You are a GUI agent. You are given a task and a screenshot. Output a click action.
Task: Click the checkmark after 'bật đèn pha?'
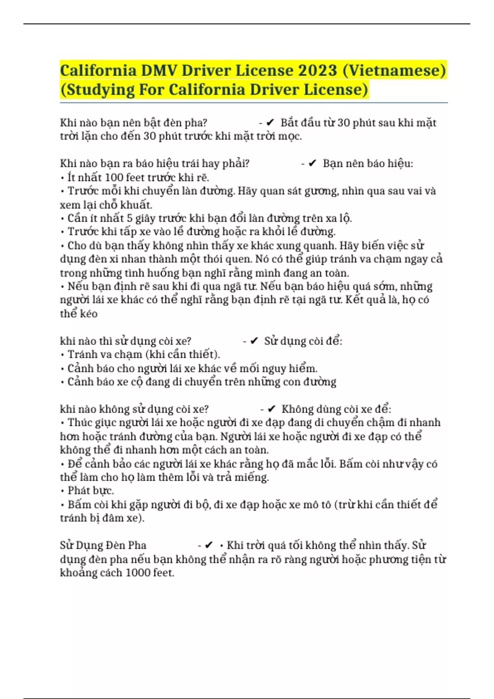coord(270,123)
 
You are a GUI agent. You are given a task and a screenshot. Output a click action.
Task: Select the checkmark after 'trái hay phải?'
coord(312,164)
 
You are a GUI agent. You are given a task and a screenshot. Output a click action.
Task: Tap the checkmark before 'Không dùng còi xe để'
coord(271,409)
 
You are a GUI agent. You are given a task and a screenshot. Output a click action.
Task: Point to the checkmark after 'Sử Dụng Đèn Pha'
coord(209,545)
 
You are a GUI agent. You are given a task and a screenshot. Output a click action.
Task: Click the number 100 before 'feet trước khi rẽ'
coord(114,178)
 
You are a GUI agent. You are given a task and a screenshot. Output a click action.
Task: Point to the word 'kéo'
coord(89,314)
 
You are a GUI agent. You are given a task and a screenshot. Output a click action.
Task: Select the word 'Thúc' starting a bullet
coord(79,423)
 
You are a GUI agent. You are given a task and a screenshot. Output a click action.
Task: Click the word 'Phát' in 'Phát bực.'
coord(78,491)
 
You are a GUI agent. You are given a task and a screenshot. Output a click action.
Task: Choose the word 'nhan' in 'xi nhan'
coord(121,259)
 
